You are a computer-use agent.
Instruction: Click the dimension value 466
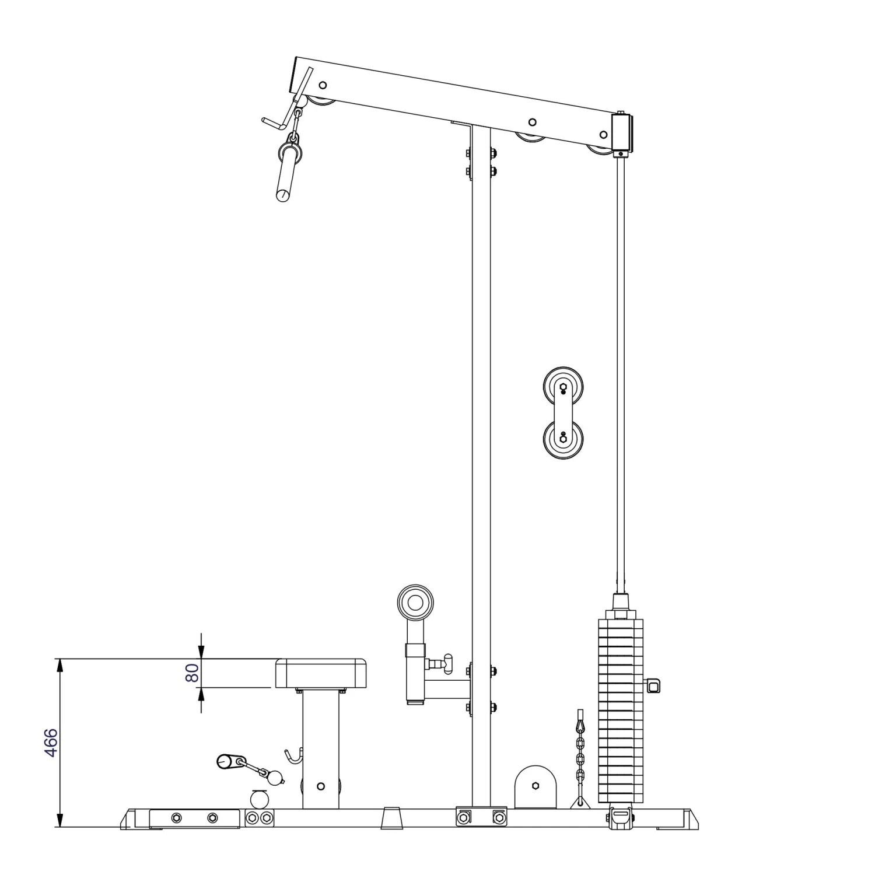[51, 743]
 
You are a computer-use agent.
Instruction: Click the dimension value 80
[192, 673]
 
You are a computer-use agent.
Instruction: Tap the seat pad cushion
[321, 673]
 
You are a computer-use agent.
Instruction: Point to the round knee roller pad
[416, 603]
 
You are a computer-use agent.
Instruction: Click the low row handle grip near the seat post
[228, 761]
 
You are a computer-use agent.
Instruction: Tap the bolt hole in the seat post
[320, 786]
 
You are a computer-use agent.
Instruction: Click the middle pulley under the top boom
[530, 136]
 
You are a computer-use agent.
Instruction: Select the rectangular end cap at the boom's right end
[622, 132]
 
